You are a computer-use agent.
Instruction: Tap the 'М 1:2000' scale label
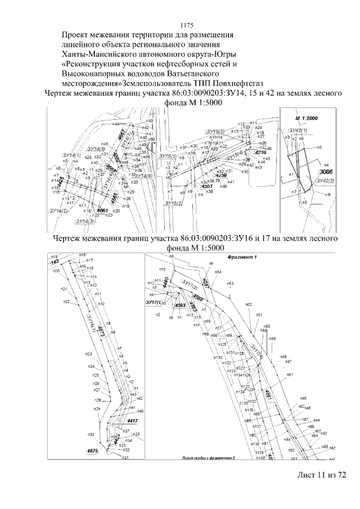[x=307, y=119]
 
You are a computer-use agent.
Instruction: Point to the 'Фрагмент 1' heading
[x=243, y=257]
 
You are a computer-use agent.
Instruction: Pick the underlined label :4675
[x=92, y=451]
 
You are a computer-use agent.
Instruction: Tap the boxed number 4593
[x=181, y=305]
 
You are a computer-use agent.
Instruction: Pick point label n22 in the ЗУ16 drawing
[x=66, y=302]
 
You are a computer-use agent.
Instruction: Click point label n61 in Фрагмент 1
[x=290, y=375]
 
